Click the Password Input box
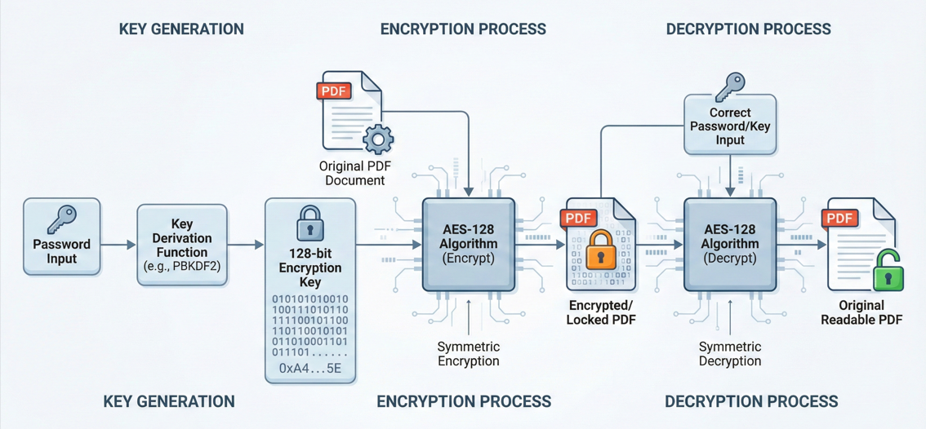pyautogui.click(x=62, y=236)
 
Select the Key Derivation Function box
pyautogui.click(x=181, y=245)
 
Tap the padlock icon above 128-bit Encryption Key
pyautogui.click(x=310, y=222)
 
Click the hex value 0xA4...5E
pyautogui.click(x=310, y=369)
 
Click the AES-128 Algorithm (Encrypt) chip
pyautogui.click(x=468, y=245)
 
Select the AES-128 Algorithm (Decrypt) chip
pyautogui.click(x=729, y=245)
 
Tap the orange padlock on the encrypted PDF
pyautogui.click(x=601, y=251)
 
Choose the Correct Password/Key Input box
pyautogui.click(x=730, y=126)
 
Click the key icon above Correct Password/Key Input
pyautogui.click(x=729, y=85)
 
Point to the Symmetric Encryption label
pyautogui.click(x=468, y=354)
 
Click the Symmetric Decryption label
pyautogui.click(x=729, y=354)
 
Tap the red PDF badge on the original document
pyautogui.click(x=335, y=91)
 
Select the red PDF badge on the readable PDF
pyautogui.click(x=840, y=218)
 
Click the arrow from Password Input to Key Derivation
pyautogui.click(x=118, y=245)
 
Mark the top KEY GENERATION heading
pyautogui.click(x=181, y=29)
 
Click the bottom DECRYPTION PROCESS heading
pyautogui.click(x=750, y=401)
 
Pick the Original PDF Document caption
pyautogui.click(x=352, y=173)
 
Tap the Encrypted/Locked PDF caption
pyautogui.click(x=601, y=313)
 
